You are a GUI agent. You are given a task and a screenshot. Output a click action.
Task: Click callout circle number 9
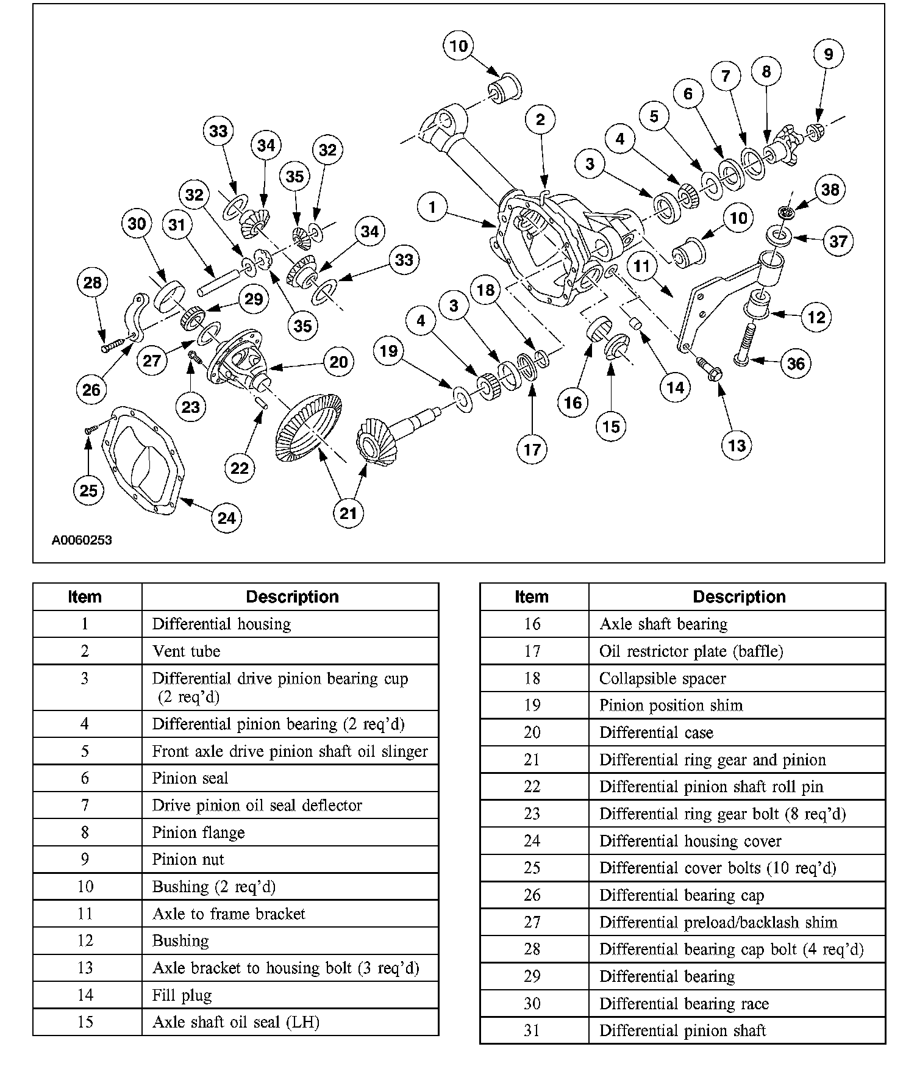click(828, 54)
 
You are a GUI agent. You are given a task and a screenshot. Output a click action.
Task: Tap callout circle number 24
click(226, 518)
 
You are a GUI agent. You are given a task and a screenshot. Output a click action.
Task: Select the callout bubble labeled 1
click(432, 207)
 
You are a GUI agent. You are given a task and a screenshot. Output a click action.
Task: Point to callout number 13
click(737, 445)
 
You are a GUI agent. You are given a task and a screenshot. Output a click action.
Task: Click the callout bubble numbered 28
click(93, 282)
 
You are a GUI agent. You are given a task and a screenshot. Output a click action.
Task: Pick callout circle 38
click(830, 190)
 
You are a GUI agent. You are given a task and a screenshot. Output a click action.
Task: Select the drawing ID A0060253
click(82, 540)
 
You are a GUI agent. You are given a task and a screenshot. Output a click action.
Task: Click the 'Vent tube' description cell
click(186, 651)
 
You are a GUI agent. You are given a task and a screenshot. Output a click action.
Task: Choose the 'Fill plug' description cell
click(182, 995)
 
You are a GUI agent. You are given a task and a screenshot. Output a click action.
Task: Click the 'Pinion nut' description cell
click(188, 859)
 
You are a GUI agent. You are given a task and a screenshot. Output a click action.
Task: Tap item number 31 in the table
click(532, 1031)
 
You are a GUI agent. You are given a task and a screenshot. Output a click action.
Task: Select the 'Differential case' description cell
click(656, 732)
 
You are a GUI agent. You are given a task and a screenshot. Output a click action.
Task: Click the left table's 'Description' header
click(292, 597)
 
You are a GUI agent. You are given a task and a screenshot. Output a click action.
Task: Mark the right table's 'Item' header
click(532, 597)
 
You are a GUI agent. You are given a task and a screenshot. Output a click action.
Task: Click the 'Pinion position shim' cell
click(671, 706)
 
